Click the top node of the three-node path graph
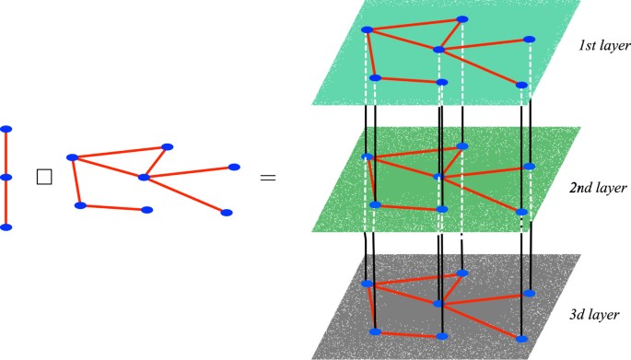(x=6, y=129)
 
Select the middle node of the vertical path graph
(x=6, y=177)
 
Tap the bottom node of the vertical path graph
(x=6, y=226)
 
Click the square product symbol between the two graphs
(x=42, y=178)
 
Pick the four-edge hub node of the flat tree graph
(x=143, y=177)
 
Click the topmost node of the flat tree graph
(x=168, y=146)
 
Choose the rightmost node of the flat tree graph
(x=234, y=167)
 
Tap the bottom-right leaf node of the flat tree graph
(x=226, y=213)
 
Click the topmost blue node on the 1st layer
(x=462, y=19)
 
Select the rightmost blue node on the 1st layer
(x=529, y=40)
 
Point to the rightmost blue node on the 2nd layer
(x=529, y=167)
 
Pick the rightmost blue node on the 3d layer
(x=529, y=293)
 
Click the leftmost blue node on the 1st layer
(x=366, y=30)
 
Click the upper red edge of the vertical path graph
(x=6, y=153)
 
